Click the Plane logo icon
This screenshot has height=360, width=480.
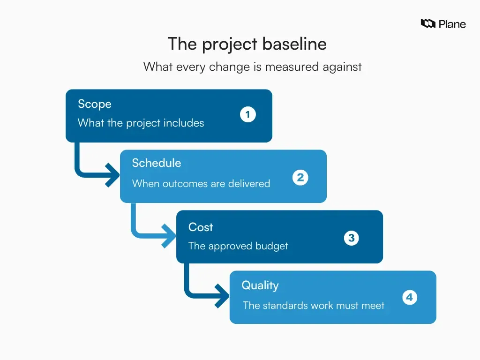(x=428, y=23)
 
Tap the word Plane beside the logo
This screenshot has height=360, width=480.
(x=452, y=24)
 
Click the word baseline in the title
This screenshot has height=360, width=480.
(x=294, y=44)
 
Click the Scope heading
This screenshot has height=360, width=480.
(x=95, y=104)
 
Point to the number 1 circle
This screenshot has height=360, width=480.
(x=247, y=114)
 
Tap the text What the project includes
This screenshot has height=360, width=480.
(x=141, y=123)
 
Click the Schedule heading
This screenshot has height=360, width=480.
(x=156, y=163)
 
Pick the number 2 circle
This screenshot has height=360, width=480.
(x=300, y=178)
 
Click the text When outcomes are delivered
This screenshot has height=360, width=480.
(x=201, y=183)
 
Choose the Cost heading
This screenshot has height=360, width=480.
(x=201, y=227)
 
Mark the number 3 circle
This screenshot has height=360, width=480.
(x=352, y=238)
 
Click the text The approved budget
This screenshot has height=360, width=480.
(x=238, y=246)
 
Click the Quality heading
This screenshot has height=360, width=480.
(x=260, y=285)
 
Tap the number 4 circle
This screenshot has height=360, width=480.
(x=409, y=297)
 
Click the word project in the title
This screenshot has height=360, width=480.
(x=230, y=44)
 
